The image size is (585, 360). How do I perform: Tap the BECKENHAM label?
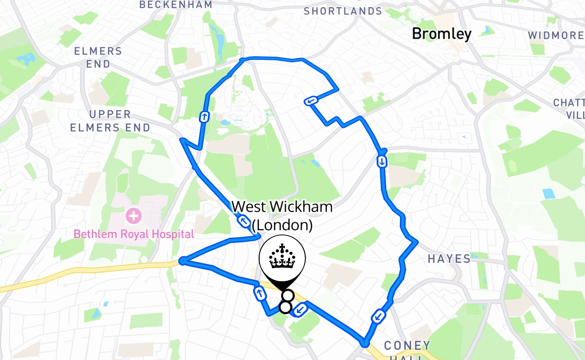coord(175,5)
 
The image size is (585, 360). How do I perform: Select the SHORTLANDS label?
coord(343,11)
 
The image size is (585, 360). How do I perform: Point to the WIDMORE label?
coord(555,35)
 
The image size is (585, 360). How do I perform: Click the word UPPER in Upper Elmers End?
coord(110,114)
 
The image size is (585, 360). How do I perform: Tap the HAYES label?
coord(449,258)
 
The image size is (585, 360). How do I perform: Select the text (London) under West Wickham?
coord(282,225)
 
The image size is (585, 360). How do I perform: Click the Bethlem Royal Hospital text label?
coord(134,234)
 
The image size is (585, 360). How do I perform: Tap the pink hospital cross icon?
coord(134,216)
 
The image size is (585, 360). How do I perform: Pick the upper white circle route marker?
coord(288,296)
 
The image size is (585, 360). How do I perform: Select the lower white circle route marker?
coord(285,307)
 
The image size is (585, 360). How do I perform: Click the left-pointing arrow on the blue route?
coord(311,101)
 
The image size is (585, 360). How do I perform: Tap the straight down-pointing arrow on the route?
coord(382,161)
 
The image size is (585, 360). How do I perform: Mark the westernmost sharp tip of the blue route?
coord(182,261)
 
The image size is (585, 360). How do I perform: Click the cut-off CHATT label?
coord(569,103)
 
